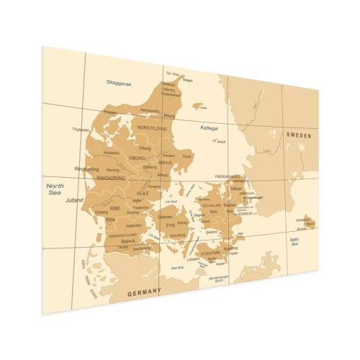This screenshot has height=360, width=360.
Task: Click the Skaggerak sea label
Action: point(119,84)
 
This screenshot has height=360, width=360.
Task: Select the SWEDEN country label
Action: point(302,135)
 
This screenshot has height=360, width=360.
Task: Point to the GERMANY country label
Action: point(144,293)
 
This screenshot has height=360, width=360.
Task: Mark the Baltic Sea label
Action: point(295,241)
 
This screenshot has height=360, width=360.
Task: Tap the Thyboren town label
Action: point(81,130)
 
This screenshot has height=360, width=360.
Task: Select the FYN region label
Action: point(171,225)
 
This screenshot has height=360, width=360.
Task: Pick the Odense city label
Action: point(166,216)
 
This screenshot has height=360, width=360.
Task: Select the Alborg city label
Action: point(169,115)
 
